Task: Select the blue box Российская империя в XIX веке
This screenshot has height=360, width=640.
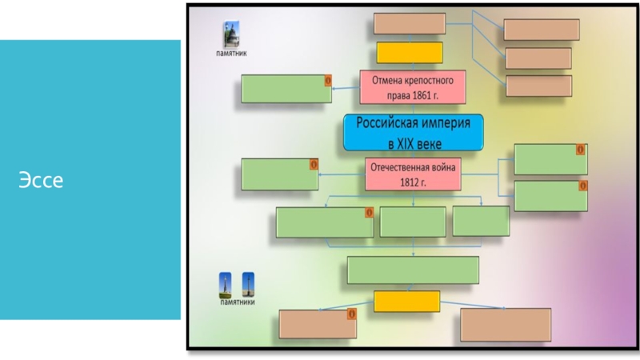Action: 414,133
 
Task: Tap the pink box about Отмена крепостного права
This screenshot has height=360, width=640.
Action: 413,87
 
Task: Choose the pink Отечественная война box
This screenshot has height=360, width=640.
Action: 412,174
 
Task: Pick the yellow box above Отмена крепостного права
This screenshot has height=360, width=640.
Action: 410,52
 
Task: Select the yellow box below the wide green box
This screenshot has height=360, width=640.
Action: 406,301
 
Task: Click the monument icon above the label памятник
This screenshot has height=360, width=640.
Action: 230,34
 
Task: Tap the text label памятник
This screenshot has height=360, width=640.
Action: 231,54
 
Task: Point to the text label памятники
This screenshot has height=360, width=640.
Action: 238,303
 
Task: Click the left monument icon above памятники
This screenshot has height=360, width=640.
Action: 226,285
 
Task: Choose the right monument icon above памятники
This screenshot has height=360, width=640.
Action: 248,285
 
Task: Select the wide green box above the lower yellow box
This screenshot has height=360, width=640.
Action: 413,270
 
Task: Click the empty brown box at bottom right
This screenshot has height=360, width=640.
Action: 506,324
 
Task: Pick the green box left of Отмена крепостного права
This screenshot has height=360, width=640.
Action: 286,89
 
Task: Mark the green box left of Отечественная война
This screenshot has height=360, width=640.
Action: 280,174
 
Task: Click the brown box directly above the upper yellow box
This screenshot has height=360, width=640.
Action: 410,24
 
